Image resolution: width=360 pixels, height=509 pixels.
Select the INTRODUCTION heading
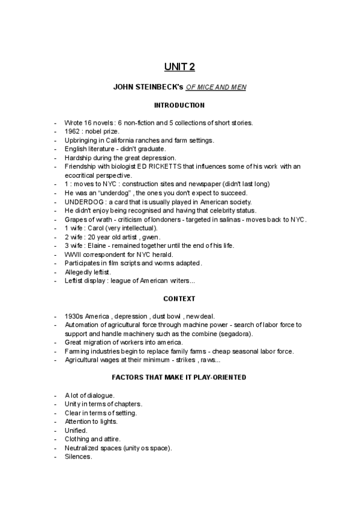coord(179,106)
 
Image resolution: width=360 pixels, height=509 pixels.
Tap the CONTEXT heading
coord(179,298)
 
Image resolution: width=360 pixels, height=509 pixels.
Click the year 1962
coord(73,131)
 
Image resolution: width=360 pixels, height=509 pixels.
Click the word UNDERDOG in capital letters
coord(82,202)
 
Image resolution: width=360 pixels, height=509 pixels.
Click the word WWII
coord(73,254)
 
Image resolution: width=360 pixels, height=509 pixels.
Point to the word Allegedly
coord(79,272)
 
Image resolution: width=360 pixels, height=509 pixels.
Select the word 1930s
coord(73,316)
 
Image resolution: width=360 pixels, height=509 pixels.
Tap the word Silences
coord(78,457)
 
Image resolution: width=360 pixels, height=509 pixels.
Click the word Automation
coord(81,325)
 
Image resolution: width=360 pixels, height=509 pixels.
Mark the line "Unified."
coord(76,430)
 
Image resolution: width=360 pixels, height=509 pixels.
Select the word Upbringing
coord(81,140)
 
